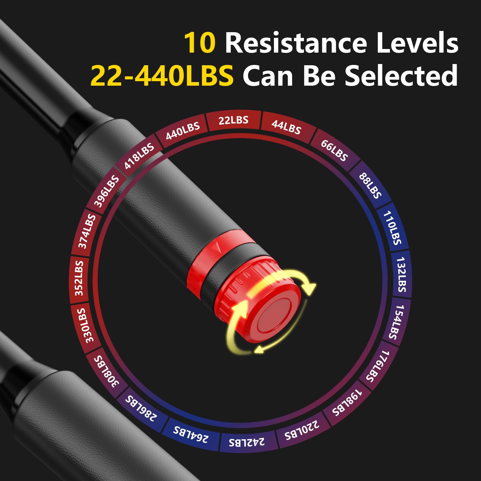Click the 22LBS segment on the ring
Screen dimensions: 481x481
[234, 121]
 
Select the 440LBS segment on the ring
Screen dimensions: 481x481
[183, 131]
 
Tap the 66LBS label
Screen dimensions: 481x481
[334, 150]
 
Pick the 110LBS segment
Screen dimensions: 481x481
[392, 228]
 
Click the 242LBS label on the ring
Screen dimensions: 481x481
[247, 441]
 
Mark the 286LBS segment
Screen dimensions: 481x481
[141, 408]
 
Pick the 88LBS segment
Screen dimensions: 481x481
[370, 185]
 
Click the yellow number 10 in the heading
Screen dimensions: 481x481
[200, 43]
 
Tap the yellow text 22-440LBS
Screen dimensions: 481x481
[162, 75]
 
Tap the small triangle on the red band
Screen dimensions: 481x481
[217, 248]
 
